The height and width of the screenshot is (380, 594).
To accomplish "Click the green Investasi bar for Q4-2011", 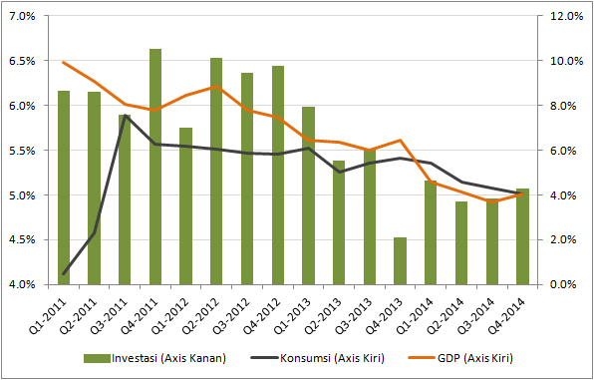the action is coord(155,167).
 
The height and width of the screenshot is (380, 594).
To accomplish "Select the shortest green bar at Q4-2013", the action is coord(400,261).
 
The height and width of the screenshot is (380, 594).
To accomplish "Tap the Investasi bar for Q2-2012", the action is coord(216,172).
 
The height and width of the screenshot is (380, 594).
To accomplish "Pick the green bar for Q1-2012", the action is coord(186,206).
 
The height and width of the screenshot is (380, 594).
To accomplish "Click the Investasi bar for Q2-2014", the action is coord(461,243).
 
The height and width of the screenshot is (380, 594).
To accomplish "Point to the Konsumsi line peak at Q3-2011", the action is coord(125,115).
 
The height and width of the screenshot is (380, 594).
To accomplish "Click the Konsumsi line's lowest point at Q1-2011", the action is coord(64,273).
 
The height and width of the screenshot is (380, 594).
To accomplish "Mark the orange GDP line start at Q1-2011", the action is coord(64,62).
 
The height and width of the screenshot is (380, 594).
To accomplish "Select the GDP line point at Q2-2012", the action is coord(216,86).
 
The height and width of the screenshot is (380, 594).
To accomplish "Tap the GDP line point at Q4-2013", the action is coord(400,141).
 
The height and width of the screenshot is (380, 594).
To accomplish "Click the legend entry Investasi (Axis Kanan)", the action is coord(154,358).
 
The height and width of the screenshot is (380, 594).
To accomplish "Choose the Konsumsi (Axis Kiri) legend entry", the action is coord(318,358).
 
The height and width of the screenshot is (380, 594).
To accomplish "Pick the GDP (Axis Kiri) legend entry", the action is coord(460,358).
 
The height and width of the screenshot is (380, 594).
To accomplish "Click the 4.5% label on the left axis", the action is coord(24,239).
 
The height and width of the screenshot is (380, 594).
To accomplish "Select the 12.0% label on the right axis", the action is coord(565,16).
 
